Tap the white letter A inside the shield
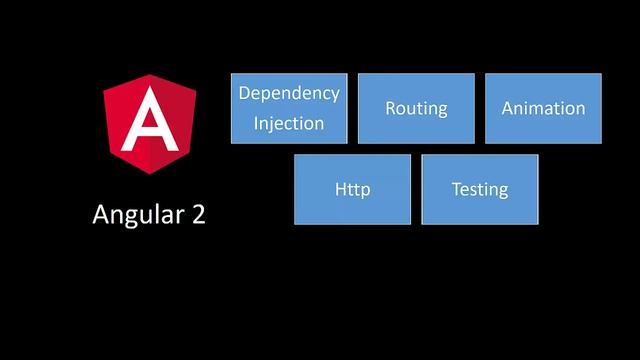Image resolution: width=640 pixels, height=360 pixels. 149,121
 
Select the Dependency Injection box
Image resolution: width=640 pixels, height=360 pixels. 289,108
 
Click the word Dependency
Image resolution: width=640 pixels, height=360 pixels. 289,94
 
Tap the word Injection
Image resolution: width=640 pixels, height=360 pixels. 288,124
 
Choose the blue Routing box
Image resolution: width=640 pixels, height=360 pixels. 416,108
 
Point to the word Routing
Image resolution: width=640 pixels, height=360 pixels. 416,109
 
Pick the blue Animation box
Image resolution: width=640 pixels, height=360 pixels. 543,108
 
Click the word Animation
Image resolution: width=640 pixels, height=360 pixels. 543,108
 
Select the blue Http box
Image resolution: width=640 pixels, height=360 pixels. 352,189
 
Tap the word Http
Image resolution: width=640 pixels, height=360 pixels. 352,189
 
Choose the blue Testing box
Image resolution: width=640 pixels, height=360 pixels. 480,189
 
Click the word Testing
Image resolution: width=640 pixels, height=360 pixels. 480,189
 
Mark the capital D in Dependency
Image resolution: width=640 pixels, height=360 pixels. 244,93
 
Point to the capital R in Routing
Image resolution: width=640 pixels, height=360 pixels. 391,108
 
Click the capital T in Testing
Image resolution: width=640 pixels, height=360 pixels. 456,188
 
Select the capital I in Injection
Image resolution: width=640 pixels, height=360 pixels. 255,124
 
